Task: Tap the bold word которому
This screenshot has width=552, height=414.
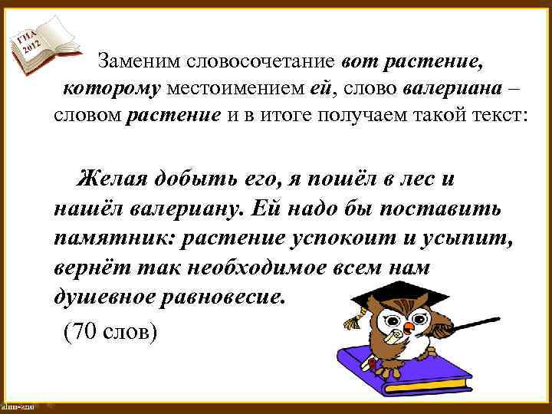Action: tap(111, 89)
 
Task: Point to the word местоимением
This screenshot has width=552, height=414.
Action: tap(235, 89)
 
